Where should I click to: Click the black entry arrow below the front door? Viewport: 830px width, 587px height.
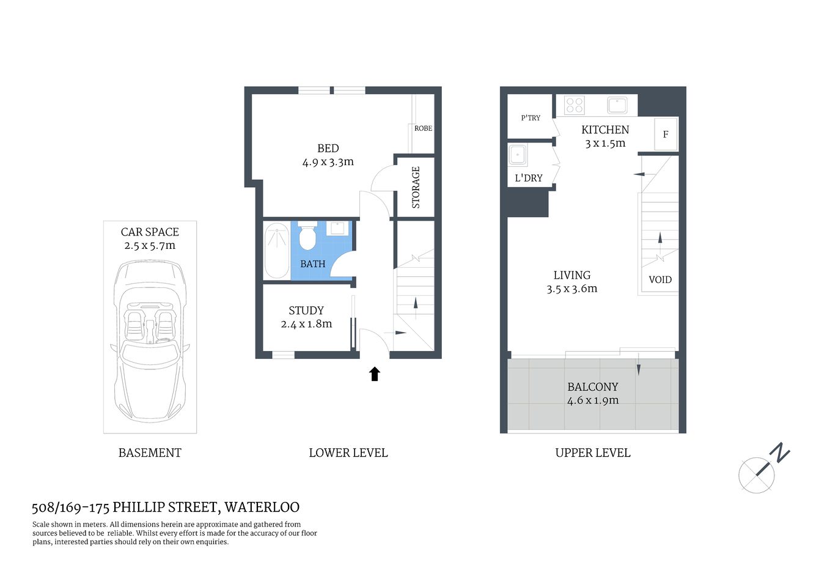point(375,374)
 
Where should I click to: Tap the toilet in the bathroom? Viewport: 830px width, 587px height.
point(307,237)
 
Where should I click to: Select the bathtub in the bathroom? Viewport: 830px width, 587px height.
point(276,251)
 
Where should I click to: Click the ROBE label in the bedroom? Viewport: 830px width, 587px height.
point(423,128)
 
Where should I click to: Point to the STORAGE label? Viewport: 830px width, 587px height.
point(416,187)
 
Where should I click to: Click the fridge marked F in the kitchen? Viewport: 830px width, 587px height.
point(666,134)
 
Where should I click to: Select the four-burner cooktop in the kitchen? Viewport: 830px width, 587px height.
point(575,105)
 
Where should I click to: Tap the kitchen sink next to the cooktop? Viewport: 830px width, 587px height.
point(617,105)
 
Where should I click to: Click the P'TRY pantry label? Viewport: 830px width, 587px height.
point(531,118)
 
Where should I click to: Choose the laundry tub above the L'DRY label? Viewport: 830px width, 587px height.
point(518,155)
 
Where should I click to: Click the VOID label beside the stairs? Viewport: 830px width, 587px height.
point(660,279)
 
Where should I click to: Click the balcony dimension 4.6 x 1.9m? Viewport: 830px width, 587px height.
point(593,401)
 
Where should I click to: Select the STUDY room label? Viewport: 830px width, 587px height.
point(306,311)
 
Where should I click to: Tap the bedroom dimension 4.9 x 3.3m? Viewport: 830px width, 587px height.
point(328,162)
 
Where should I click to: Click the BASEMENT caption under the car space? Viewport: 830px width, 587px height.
point(150,453)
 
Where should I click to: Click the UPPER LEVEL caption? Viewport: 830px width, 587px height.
point(592,453)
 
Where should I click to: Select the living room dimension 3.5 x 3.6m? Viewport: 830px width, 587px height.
point(572,289)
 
